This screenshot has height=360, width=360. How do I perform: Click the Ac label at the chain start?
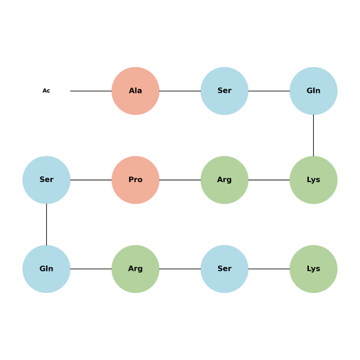pos(46,91)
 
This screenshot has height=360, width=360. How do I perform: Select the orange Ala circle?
pos(135,91)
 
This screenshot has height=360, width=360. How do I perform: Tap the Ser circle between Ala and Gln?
pos(225,91)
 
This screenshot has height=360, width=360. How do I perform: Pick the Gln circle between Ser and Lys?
pos(313,91)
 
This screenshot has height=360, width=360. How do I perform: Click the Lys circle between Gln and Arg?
pos(313,180)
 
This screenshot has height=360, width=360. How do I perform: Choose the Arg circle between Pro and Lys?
pos(225,180)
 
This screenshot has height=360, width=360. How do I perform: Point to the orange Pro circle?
pos(135,180)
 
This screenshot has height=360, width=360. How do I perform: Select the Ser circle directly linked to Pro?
pos(46,180)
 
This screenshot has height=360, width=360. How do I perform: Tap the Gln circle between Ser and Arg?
pos(46,269)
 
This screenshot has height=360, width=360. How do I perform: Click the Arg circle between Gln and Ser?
pos(135,269)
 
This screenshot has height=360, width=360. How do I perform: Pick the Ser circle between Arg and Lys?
pos(225,269)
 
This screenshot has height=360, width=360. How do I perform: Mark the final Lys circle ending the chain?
pos(313,269)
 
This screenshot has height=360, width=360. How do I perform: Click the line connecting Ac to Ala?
pos(91,91)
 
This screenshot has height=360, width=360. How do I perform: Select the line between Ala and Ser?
pos(180,91)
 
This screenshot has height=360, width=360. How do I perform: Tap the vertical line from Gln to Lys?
pos(313,135)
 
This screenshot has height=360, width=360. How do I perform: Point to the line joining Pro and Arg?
pos(180,180)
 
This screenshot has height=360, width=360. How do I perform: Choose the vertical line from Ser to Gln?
pos(46,225)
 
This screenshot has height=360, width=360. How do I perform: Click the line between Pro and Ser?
pos(91,180)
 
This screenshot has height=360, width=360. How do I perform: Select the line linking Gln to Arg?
pos(91,269)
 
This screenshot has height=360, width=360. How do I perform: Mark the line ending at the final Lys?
pos(269,269)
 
